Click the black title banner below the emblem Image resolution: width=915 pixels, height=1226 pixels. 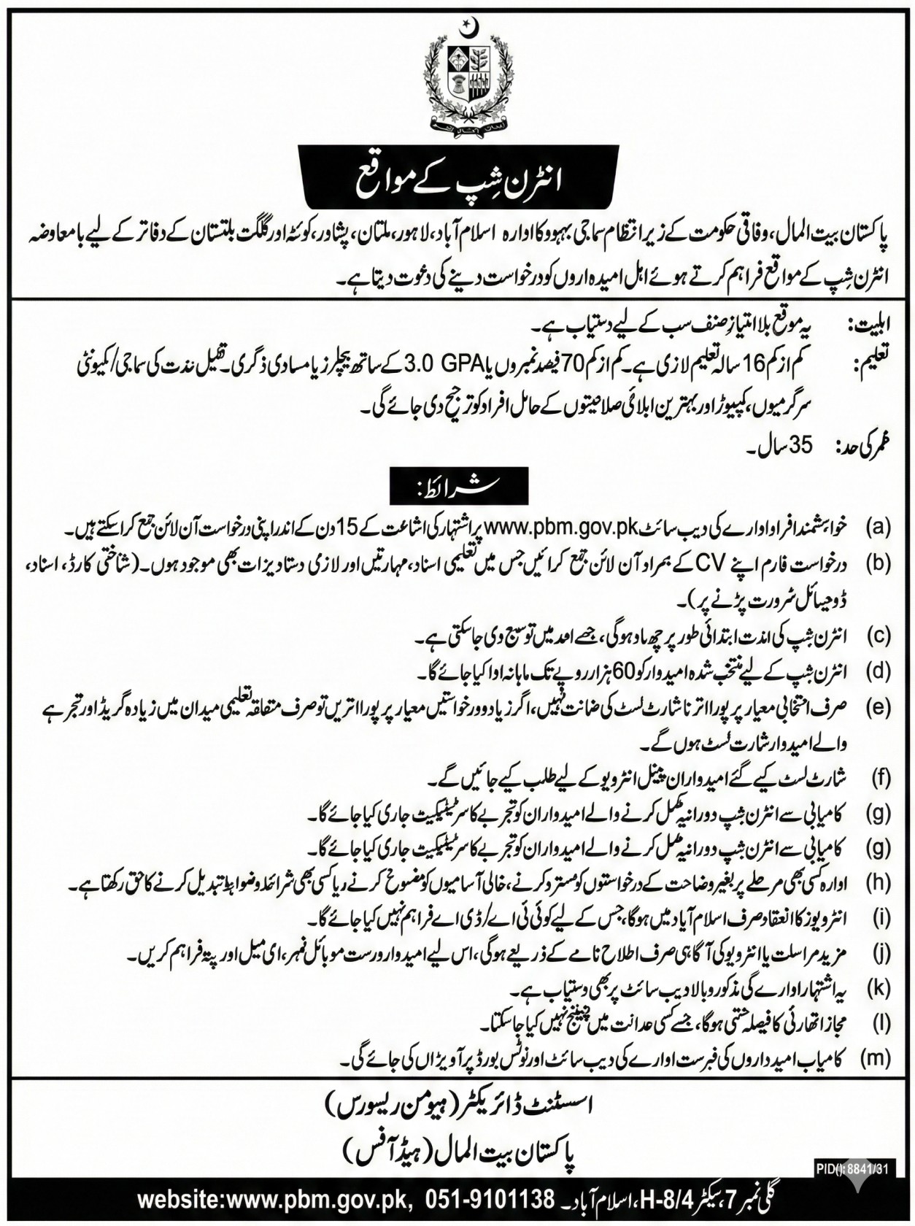point(457,170)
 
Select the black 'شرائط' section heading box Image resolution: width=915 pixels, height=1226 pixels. point(457,485)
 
